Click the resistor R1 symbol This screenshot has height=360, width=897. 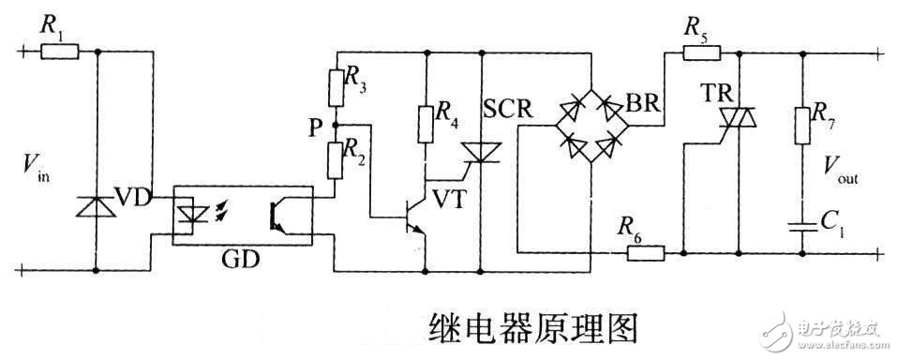[59, 52]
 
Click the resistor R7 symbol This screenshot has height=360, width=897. [803, 123]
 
